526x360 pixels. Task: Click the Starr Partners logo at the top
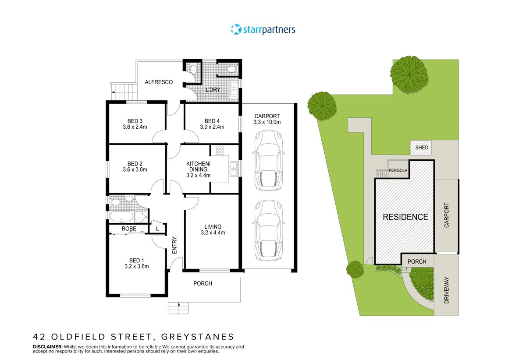tap(263, 30)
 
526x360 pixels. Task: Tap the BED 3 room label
tap(135, 121)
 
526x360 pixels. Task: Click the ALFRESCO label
tap(159, 82)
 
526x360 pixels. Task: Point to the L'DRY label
tap(213, 90)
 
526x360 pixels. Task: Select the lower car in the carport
tap(268, 231)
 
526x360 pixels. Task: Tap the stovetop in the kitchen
tap(220, 151)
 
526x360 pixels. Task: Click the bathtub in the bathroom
tap(120, 216)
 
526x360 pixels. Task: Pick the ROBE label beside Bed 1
tap(129, 229)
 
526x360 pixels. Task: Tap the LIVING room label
tap(213, 226)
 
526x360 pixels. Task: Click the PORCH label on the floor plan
tap(203, 284)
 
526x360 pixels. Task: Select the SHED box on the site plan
tap(422, 148)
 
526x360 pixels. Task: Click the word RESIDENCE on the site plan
tap(405, 217)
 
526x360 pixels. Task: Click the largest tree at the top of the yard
tap(409, 74)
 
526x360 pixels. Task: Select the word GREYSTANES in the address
tap(198, 337)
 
